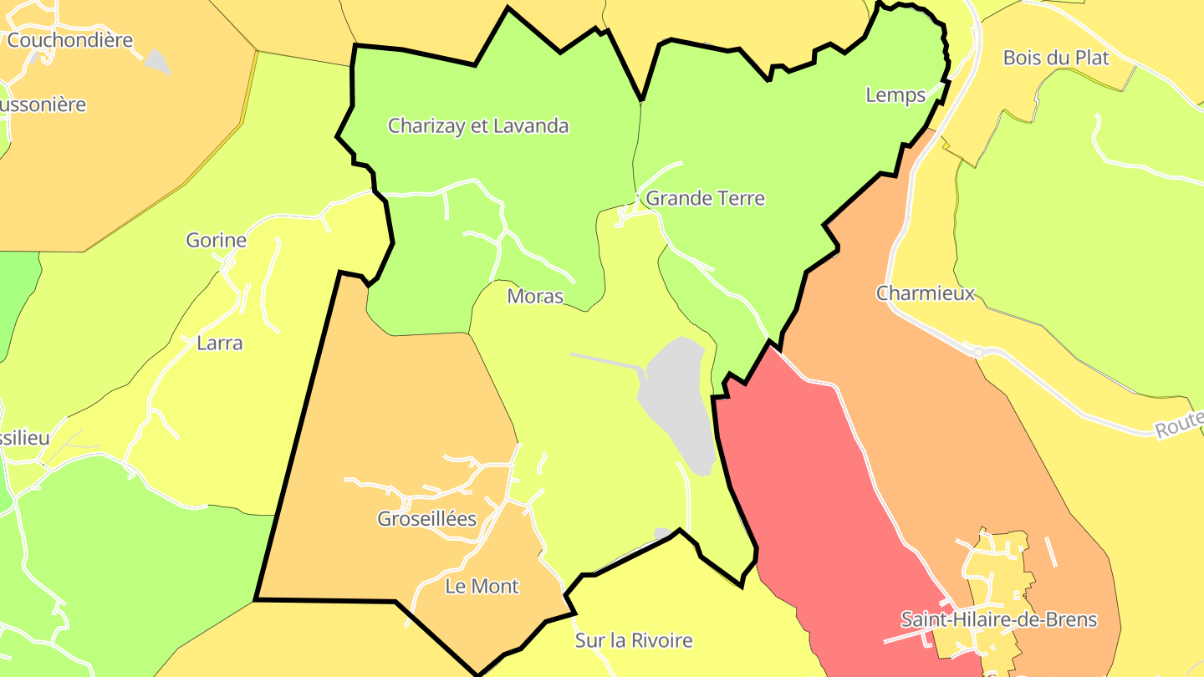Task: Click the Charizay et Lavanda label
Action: click(478, 126)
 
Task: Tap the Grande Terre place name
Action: click(705, 199)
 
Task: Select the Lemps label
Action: click(895, 95)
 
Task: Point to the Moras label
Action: click(535, 297)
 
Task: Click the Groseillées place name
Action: click(426, 519)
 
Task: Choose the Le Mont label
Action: click(482, 587)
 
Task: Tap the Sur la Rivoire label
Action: click(634, 641)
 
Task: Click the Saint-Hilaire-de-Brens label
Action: click(998, 620)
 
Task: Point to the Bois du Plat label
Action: click(1056, 59)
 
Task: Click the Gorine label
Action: click(216, 241)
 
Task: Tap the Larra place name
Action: click(219, 343)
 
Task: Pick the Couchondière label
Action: click(70, 40)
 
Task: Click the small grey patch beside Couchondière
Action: click(156, 60)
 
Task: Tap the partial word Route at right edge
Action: click(1179, 427)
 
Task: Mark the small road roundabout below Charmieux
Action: click(977, 353)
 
